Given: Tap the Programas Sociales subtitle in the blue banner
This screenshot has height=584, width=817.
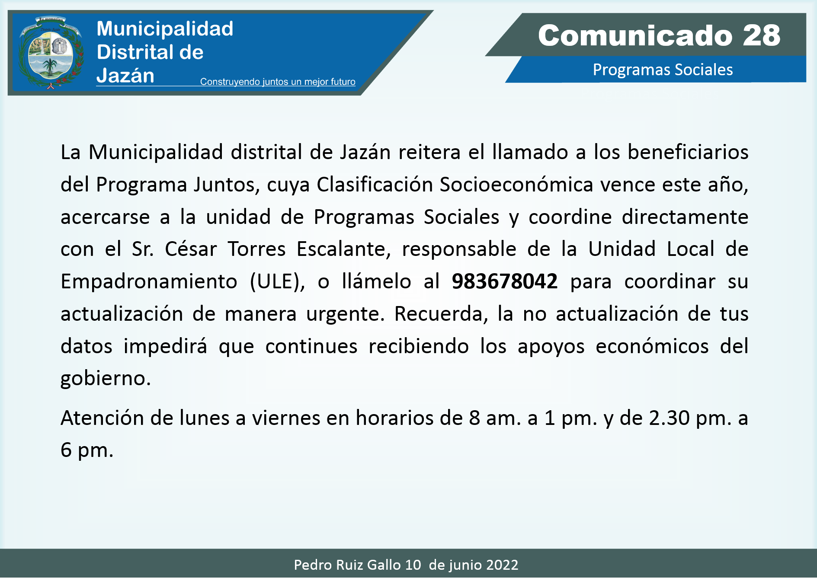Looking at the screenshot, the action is pyautogui.click(x=663, y=70).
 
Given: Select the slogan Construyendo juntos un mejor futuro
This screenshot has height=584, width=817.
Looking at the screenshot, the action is pyautogui.click(x=278, y=82).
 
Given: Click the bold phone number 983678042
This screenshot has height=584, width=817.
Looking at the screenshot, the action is pyautogui.click(x=505, y=281).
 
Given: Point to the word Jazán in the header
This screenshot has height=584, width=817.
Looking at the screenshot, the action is pyautogui.click(x=125, y=76).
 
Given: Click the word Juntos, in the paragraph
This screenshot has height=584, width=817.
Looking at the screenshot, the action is pyautogui.click(x=227, y=185).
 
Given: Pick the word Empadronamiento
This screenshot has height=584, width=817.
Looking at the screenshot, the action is pyautogui.click(x=149, y=282).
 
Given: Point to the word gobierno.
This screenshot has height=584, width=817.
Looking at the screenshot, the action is pyautogui.click(x=106, y=379).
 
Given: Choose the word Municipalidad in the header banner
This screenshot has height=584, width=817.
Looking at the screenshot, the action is pyautogui.click(x=165, y=29).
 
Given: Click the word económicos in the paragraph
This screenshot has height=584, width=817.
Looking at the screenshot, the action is pyautogui.click(x=652, y=346).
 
